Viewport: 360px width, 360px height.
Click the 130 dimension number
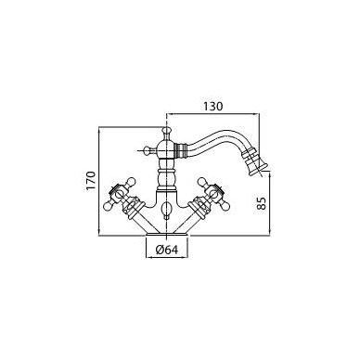(x=212, y=107)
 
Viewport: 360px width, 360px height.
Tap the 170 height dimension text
(x=92, y=180)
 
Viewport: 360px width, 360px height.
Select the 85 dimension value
(x=262, y=203)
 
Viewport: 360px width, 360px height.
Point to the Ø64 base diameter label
(x=167, y=250)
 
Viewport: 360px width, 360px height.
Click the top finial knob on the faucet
(x=167, y=131)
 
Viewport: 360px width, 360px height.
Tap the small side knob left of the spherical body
(x=148, y=150)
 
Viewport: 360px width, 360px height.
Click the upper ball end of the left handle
(x=132, y=181)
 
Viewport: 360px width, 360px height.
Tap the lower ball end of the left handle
(x=108, y=206)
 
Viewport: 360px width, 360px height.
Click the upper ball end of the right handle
(x=201, y=181)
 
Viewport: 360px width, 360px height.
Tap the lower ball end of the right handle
(x=225, y=206)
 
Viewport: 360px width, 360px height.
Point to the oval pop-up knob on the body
(x=167, y=208)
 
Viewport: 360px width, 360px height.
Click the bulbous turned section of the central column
(x=167, y=177)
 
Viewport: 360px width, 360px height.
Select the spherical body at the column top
(x=167, y=148)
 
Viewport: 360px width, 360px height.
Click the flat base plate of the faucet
(x=167, y=235)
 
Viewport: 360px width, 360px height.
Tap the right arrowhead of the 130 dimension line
(x=257, y=114)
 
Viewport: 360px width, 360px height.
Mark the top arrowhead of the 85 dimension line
(x=270, y=174)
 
